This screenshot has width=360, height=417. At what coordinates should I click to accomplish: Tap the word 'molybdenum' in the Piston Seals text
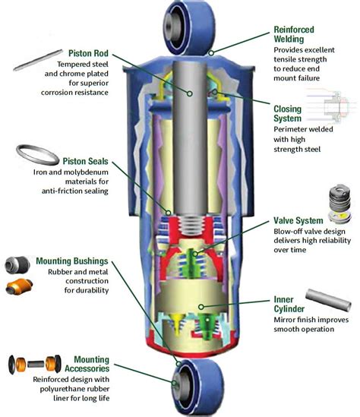click(x=86, y=180)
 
